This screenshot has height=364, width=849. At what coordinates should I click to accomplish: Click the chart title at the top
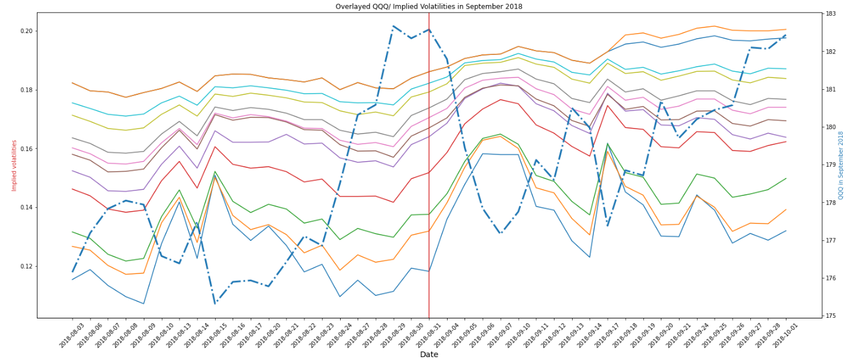(428, 6)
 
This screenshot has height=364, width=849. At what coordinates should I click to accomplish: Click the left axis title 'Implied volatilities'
(14, 165)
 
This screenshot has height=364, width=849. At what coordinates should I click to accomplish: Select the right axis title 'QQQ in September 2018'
(840, 165)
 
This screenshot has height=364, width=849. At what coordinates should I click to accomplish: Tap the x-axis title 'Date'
(428, 355)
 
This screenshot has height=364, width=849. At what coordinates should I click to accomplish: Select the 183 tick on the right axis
(831, 14)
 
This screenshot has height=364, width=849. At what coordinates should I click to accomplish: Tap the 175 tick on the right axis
(831, 316)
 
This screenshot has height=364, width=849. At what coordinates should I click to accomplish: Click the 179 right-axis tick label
(831, 165)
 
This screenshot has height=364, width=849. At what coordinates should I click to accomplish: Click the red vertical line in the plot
(429, 187)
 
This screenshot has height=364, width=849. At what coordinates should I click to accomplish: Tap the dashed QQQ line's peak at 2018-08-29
(393, 26)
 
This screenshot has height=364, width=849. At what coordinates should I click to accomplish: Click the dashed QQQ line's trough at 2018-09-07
(500, 234)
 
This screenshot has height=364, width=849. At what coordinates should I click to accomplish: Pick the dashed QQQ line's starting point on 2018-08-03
(73, 272)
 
